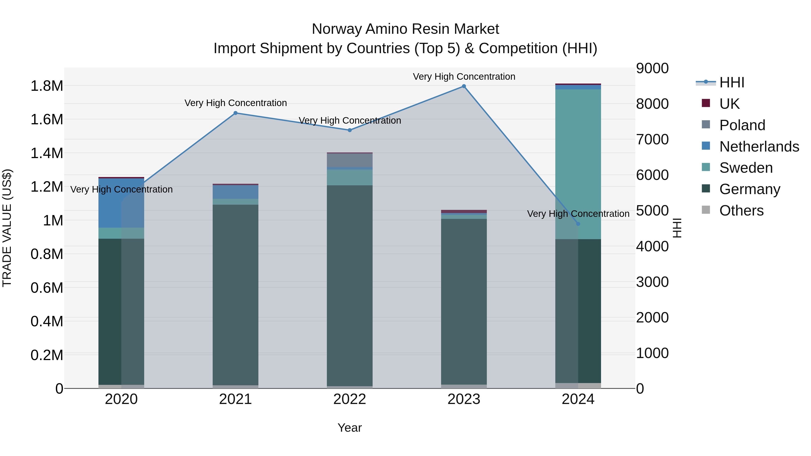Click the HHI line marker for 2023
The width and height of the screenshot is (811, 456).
pyautogui.click(x=464, y=86)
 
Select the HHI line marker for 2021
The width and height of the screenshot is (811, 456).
pyautogui.click(x=235, y=113)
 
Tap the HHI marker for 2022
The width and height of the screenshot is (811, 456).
pyautogui.click(x=349, y=130)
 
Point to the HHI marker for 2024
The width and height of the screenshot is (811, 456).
pyautogui.click(x=578, y=224)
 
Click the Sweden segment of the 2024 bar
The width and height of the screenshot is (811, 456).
pyautogui.click(x=578, y=164)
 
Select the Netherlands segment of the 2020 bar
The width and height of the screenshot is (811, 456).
pyautogui.click(x=121, y=203)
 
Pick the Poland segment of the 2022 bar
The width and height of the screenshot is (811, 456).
pyautogui.click(x=349, y=160)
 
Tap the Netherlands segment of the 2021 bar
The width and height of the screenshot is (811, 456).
pyautogui.click(x=235, y=192)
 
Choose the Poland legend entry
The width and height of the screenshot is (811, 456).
pyautogui.click(x=742, y=125)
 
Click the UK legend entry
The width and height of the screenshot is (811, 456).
pyautogui.click(x=729, y=104)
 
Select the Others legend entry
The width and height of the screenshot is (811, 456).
pyautogui.click(x=741, y=211)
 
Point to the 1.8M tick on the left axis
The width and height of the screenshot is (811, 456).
pyautogui.click(x=47, y=86)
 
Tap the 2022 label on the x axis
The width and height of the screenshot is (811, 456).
pyautogui.click(x=349, y=399)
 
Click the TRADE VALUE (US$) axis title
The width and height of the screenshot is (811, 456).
pyautogui.click(x=7, y=228)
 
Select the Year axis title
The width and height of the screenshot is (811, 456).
pyautogui.click(x=349, y=428)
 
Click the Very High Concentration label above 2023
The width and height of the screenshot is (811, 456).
pyautogui.click(x=464, y=77)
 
